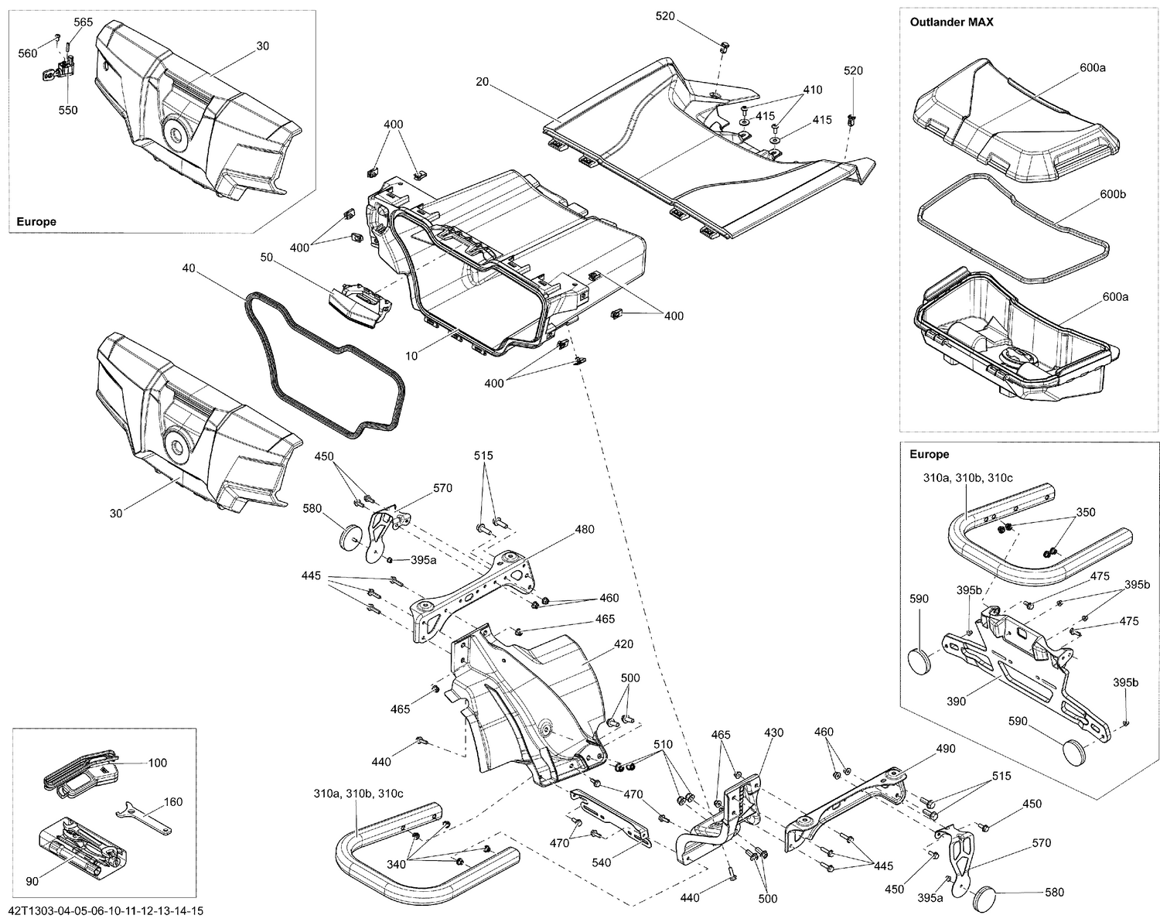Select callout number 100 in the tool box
tap(157, 763)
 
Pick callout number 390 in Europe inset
tap(957, 701)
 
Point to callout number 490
tap(945, 748)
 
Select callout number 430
tap(773, 732)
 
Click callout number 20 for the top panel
tap(483, 81)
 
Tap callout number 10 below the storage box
tap(411, 355)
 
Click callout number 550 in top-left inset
tap(68, 111)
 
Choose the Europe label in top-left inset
tap(36, 222)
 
